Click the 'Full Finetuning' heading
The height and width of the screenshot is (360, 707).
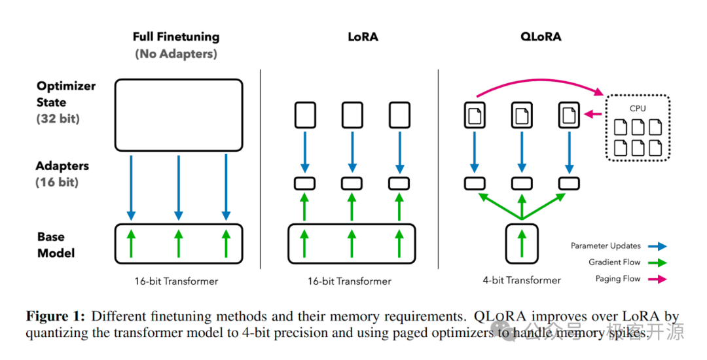click(176, 37)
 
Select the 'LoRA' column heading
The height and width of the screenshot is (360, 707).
click(363, 37)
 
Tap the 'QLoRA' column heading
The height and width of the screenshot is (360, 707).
click(541, 37)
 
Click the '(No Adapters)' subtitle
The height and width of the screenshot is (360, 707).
click(176, 54)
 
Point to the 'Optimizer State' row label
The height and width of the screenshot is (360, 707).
click(66, 94)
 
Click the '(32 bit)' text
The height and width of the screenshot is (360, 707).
click(58, 119)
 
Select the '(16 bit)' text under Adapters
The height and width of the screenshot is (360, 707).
click(57, 183)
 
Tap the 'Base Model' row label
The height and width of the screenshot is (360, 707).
click(56, 245)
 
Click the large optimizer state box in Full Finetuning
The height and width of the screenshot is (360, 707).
click(179, 81)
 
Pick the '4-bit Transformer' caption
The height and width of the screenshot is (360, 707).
click(522, 281)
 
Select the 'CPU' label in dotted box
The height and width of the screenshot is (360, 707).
click(638, 109)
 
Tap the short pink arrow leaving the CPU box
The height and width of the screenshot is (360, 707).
click(593, 115)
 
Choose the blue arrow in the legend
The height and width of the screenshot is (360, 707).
click(657, 247)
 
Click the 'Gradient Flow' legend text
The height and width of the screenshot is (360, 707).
click(614, 262)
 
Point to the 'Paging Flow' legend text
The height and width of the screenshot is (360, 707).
click(618, 279)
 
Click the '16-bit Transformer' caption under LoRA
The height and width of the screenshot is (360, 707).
click(350, 281)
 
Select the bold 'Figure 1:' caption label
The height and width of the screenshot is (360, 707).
click(56, 316)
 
